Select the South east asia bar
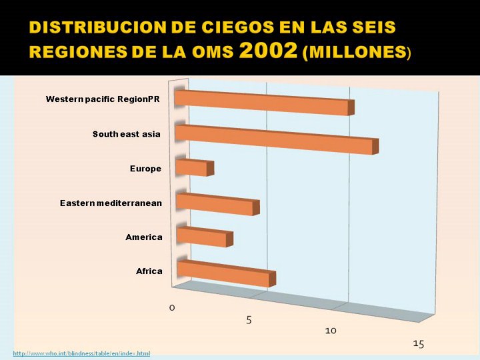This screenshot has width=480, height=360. [x=274, y=137]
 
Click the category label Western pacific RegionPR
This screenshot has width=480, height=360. [x=102, y=99]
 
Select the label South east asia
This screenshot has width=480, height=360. [x=127, y=134]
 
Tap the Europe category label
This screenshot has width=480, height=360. [x=145, y=169]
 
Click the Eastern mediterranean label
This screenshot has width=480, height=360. [x=111, y=203]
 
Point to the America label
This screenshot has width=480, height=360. [x=144, y=237]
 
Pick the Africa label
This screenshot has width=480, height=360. [x=149, y=271]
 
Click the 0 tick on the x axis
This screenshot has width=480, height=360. [x=172, y=307]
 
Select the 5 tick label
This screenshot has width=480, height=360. [x=249, y=320]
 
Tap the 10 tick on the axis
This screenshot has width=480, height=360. [x=331, y=331]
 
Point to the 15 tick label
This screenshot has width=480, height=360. [x=418, y=343]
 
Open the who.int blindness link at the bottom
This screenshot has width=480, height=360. [x=82, y=353]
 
